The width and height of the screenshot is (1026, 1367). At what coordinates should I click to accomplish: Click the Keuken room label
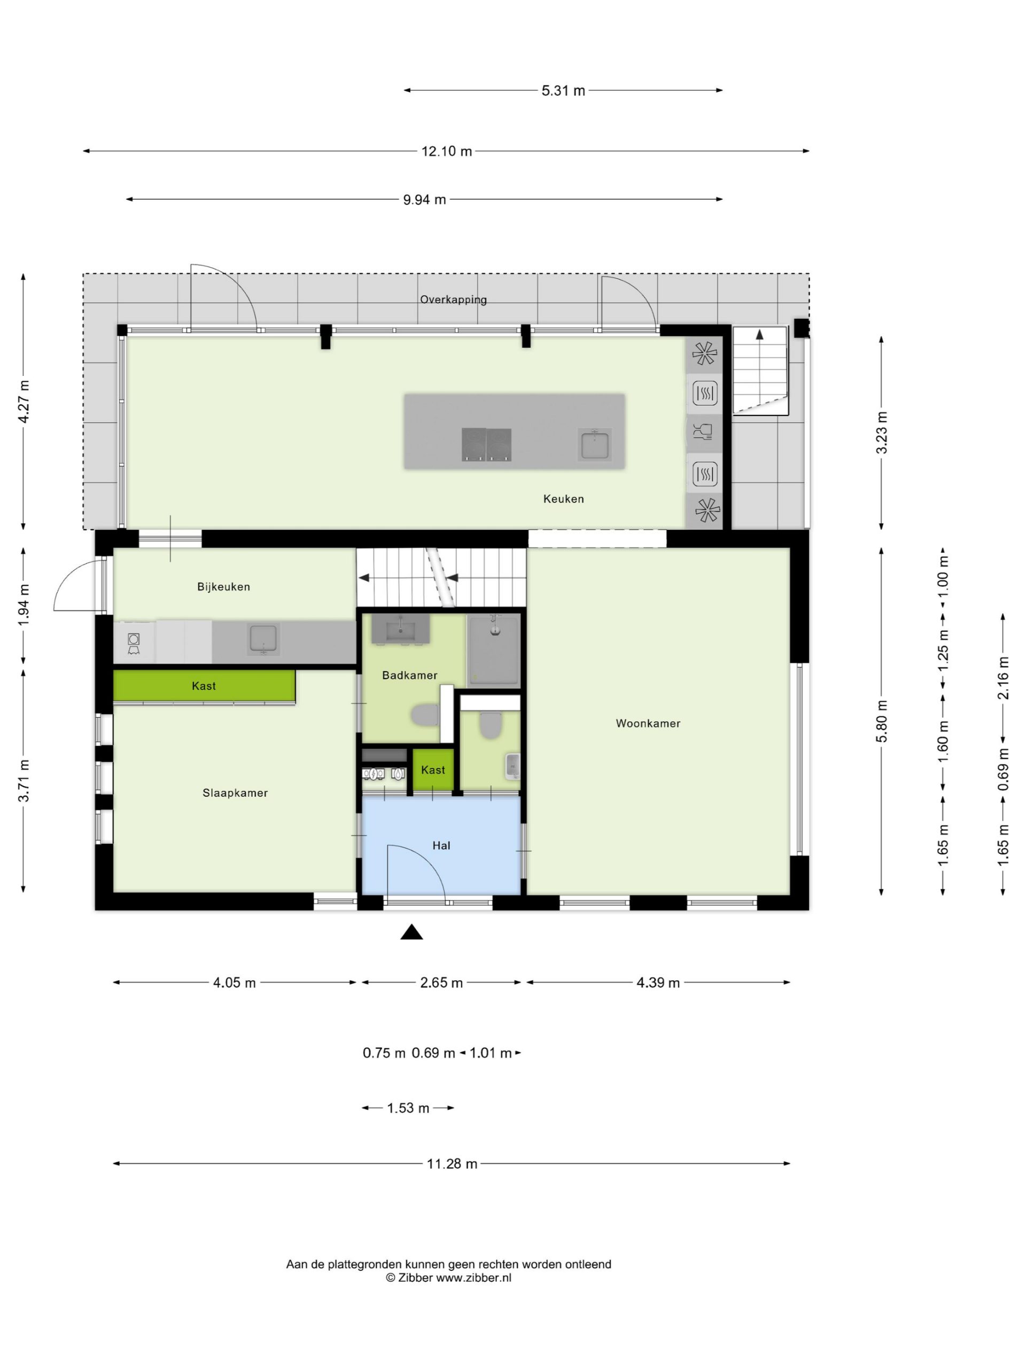(563, 499)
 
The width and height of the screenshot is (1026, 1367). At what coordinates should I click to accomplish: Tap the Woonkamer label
(648, 723)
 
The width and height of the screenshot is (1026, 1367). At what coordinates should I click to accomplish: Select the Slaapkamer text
(235, 793)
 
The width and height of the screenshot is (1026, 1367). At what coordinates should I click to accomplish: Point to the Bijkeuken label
(223, 586)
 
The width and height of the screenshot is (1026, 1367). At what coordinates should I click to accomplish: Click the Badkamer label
(409, 675)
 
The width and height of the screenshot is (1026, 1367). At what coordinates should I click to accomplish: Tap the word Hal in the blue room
(441, 845)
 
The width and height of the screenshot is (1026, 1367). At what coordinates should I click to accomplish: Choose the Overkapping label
(453, 300)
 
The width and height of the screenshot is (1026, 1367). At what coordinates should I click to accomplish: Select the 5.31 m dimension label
(563, 91)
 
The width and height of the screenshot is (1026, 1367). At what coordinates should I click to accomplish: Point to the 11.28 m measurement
(452, 1164)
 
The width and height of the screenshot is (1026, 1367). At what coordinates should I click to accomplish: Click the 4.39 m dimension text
(658, 983)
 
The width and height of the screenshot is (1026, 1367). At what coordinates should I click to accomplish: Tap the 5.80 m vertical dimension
(881, 721)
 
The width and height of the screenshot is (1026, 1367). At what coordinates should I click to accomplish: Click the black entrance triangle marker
(411, 932)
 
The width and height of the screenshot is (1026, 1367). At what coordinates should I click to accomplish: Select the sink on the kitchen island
(594, 444)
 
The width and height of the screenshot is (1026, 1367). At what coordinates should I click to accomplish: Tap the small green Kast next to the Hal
(433, 769)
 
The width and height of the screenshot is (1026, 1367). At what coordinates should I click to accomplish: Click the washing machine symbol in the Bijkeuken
(134, 643)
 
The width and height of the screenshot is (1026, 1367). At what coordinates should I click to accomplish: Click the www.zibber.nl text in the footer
(474, 1278)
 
